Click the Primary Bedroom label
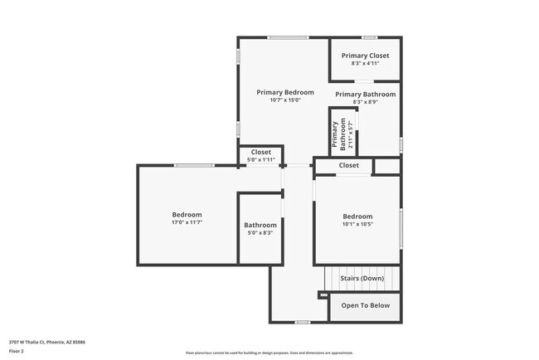pos(284,92)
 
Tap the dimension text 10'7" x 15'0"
pos(284,100)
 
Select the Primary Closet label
pos(365,56)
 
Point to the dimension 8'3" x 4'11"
pos(365,63)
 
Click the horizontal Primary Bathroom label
pos(365,95)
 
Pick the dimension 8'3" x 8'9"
pos(365,102)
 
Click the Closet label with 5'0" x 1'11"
pos(261,153)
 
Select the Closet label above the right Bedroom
pos(349,165)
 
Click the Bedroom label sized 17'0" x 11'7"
pos(187,215)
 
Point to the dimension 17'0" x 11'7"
pos(187,222)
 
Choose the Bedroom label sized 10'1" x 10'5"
pos(357,216)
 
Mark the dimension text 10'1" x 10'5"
pos(357,224)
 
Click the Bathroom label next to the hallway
pos(260,226)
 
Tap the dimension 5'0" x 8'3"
pos(260,233)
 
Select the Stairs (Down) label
pos(362,279)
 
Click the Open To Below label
pos(365,305)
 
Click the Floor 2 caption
pos(17,351)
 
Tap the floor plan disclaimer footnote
pos(269,353)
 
